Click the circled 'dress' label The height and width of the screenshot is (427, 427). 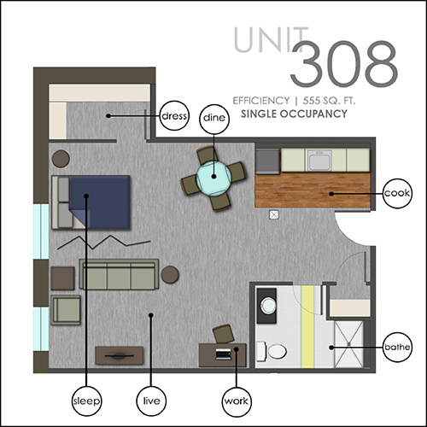click(174, 115)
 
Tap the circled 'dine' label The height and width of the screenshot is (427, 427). click(214, 119)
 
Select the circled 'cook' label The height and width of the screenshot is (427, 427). click(397, 193)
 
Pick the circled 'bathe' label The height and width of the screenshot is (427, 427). click(397, 347)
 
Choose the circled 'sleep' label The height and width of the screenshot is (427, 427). click(86, 401)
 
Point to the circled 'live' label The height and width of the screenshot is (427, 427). click(151, 401)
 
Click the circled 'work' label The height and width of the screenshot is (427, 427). click(237, 401)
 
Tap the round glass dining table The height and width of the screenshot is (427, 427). click(213, 178)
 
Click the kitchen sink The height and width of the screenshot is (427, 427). click(319, 161)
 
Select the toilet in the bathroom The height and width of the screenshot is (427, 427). click(271, 351)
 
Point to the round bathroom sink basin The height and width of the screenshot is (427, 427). click(268, 306)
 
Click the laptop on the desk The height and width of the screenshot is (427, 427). click(223, 354)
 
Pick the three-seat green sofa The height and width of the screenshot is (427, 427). click(119, 274)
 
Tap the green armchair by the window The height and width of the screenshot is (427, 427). click(66, 310)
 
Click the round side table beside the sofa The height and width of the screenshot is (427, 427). click(170, 274)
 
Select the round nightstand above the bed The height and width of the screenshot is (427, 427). click(61, 159)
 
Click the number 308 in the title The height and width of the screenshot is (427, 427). click(344, 64)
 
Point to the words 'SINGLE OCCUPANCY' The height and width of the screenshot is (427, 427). click(294, 114)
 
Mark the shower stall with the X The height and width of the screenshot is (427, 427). click(348, 344)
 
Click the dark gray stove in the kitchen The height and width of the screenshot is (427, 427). click(267, 161)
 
